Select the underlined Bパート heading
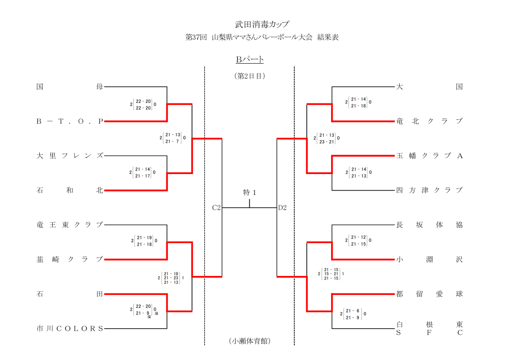coord(250,60)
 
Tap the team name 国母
coord(70,87)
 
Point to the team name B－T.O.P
coord(70,121)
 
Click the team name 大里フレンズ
coord(70,156)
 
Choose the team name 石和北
coord(70,190)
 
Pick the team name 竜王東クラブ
coord(70,225)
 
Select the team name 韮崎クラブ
coord(70,259)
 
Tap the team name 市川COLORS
coord(70,328)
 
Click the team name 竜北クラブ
coord(429,121)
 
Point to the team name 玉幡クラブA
coord(429,156)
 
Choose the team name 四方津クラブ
coord(429,190)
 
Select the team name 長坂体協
coord(429,225)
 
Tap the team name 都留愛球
coord(429,294)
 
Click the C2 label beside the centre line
coord(216,208)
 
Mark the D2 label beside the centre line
coord(282,208)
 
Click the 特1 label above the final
coord(250,192)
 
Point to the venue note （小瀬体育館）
coord(250,341)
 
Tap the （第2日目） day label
coord(250,76)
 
